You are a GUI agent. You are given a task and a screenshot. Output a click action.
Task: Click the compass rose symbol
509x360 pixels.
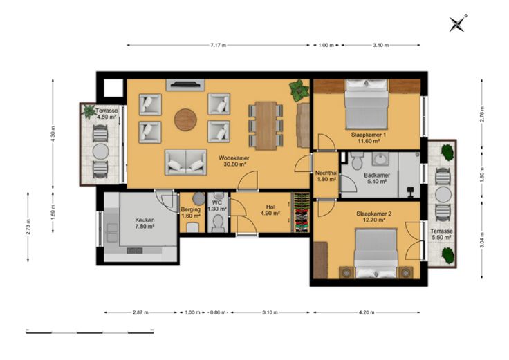click(x=457, y=23)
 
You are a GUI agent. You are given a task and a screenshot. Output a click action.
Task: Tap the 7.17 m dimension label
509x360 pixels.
click(x=218, y=46)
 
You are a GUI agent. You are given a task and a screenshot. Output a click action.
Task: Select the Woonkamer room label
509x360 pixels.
click(x=234, y=158)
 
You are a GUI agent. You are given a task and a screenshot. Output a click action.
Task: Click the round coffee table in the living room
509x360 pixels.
click(x=185, y=120)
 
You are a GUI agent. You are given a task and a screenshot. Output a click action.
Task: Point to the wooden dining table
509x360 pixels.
click(x=266, y=126)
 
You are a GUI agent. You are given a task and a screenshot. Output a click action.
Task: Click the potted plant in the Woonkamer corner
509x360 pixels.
click(x=299, y=90)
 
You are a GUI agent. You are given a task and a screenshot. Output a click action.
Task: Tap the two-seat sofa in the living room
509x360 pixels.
click(x=185, y=162)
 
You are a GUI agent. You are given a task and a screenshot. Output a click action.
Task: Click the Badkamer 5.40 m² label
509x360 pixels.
click(x=376, y=178)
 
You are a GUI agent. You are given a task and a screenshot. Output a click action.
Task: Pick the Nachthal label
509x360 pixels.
click(x=326, y=173)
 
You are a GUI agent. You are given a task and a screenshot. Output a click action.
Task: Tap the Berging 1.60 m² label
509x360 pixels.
click(x=191, y=212)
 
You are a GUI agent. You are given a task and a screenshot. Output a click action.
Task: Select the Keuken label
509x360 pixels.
click(x=145, y=220)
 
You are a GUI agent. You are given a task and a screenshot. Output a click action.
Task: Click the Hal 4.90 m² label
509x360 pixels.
click(x=270, y=210)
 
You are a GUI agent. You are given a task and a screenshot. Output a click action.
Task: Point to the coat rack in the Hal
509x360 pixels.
click(x=301, y=213)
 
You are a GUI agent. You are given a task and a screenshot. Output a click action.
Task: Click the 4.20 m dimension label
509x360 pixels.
click(x=367, y=312)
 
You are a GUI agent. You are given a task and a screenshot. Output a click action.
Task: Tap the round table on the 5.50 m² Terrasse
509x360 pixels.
click(x=443, y=195)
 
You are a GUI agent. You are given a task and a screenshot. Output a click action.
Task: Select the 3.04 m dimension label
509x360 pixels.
click(x=482, y=240)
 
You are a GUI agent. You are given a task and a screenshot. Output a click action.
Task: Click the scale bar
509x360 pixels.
click(x=90, y=332)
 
